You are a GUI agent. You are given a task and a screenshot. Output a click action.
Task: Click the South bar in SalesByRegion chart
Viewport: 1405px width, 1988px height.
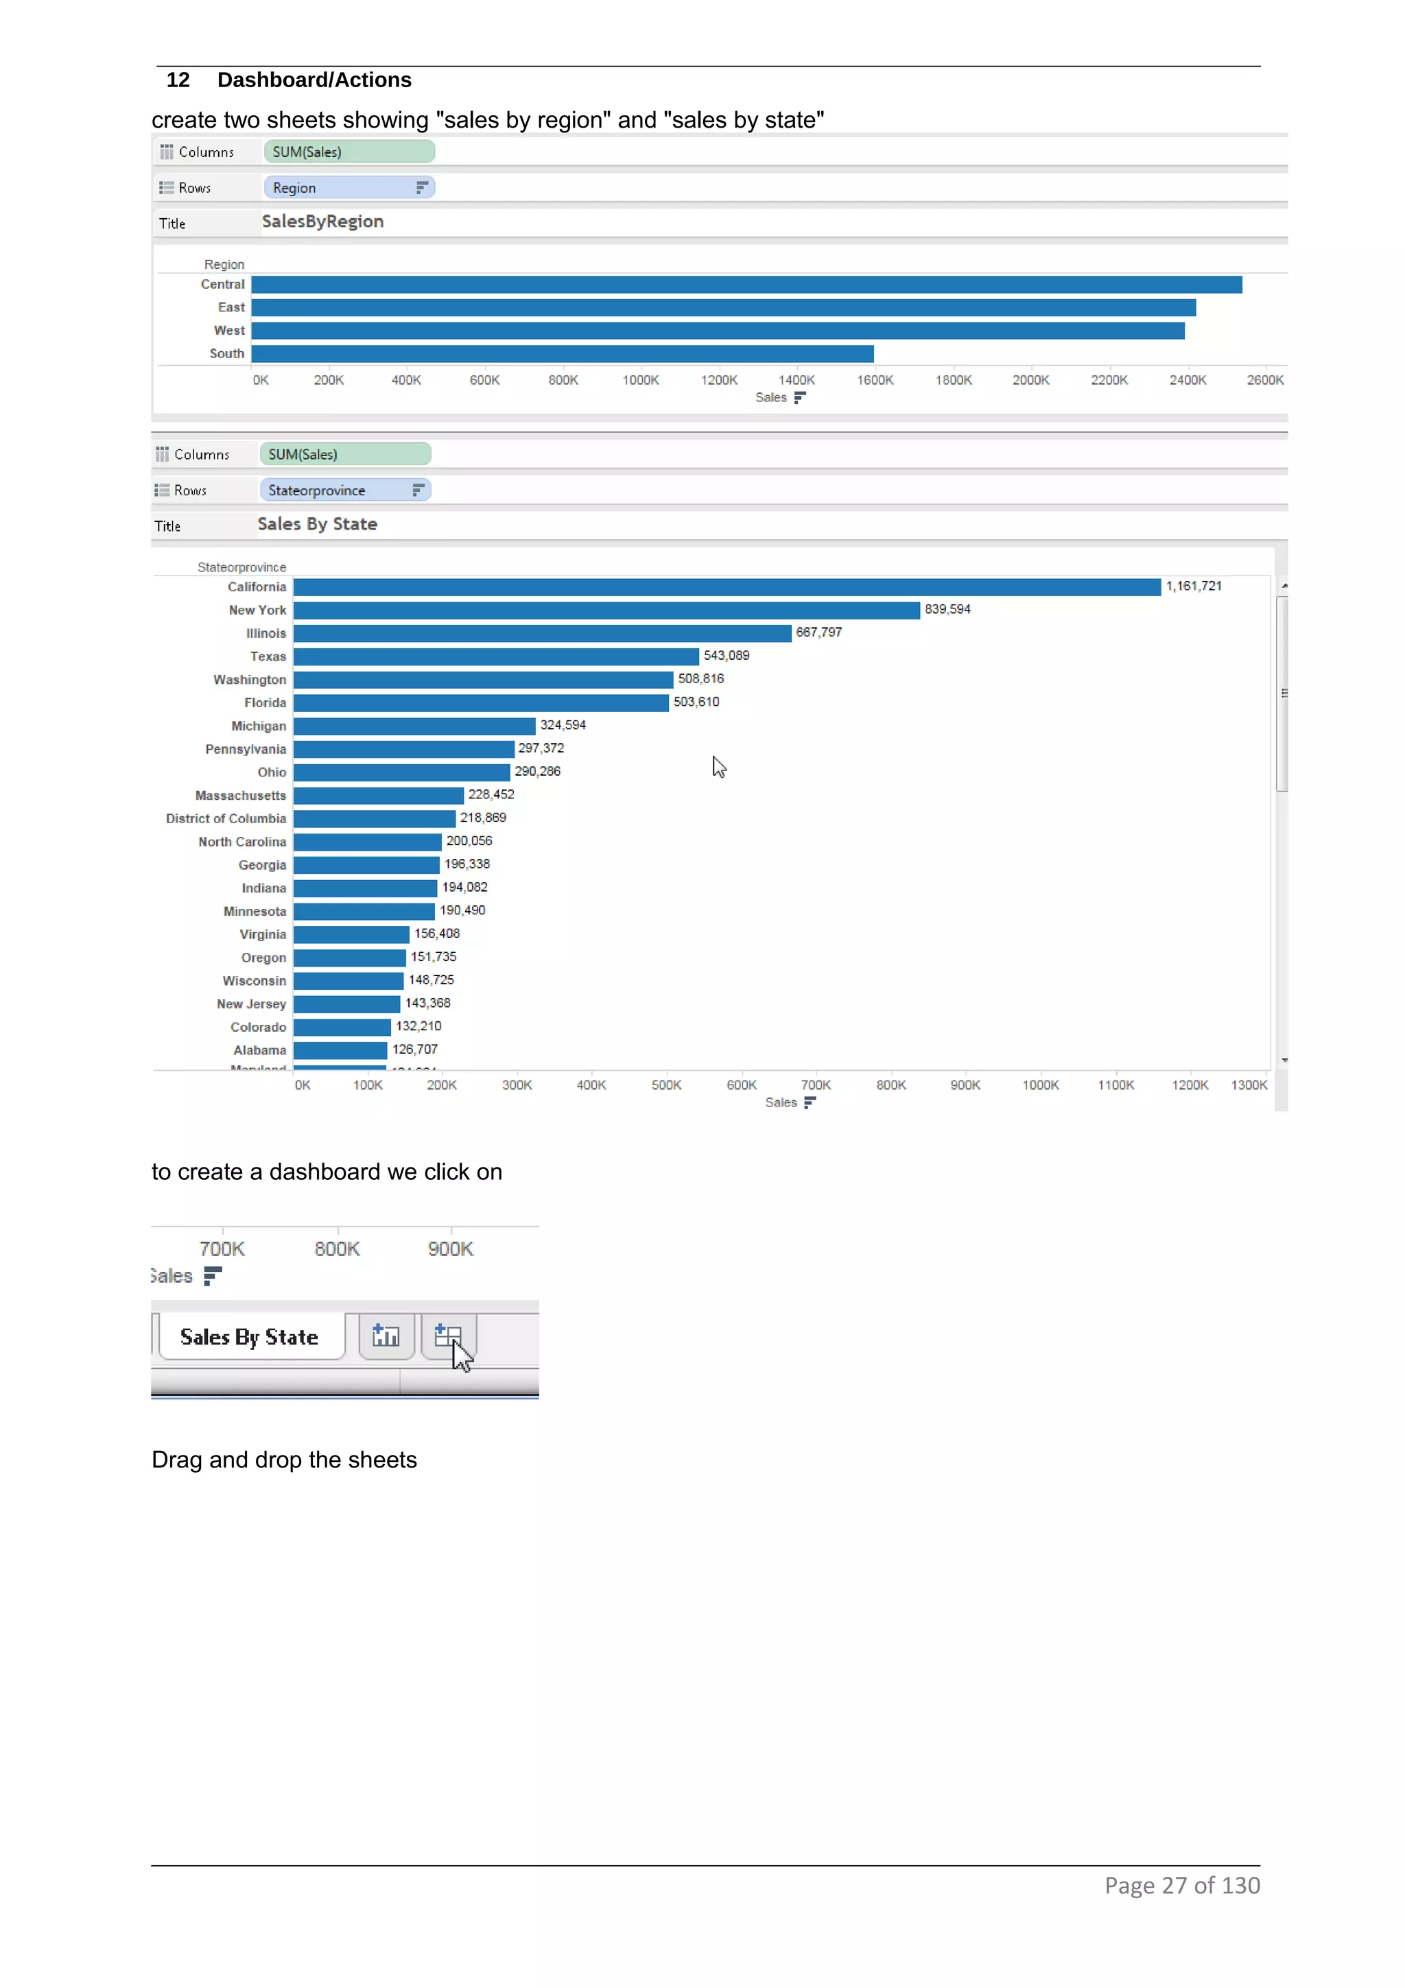click(x=563, y=353)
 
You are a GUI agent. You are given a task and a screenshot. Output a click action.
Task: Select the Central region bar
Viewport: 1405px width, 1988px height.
click(x=746, y=285)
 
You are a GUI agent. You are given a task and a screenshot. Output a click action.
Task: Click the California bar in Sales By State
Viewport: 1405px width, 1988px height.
click(x=727, y=587)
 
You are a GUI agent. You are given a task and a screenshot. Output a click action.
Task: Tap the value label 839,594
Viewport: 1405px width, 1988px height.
click(x=947, y=610)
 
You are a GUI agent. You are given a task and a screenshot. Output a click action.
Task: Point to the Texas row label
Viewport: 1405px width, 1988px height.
click(x=268, y=656)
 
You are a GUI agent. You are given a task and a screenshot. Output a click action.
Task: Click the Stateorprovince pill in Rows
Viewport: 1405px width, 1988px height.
click(x=344, y=490)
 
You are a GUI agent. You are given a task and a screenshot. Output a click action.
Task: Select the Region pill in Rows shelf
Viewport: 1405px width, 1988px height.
click(x=348, y=188)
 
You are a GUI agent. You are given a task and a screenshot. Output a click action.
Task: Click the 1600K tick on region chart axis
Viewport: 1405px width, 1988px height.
click(x=874, y=380)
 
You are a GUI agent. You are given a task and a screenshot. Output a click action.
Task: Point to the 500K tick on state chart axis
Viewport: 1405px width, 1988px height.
click(x=665, y=1085)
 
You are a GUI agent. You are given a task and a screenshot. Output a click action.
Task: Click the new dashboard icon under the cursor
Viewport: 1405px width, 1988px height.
click(x=447, y=1336)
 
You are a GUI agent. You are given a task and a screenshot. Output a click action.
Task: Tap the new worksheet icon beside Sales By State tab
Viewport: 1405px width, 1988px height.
click(x=386, y=1336)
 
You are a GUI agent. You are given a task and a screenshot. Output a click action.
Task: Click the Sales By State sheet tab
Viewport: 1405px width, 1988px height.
click(x=249, y=1337)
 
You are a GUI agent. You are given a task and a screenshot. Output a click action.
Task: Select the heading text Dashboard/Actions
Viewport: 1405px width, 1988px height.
click(x=314, y=80)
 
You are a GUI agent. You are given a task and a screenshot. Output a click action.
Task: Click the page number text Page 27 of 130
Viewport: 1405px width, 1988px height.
click(x=1181, y=1885)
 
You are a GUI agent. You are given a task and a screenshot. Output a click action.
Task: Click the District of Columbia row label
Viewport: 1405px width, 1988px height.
click(x=225, y=818)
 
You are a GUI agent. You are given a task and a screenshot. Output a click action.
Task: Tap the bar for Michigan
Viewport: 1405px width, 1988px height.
click(x=414, y=726)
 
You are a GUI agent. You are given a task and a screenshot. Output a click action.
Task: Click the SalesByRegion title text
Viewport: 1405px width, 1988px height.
click(x=322, y=222)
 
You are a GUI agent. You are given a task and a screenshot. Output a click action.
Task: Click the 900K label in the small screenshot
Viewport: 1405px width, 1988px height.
click(x=450, y=1249)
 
